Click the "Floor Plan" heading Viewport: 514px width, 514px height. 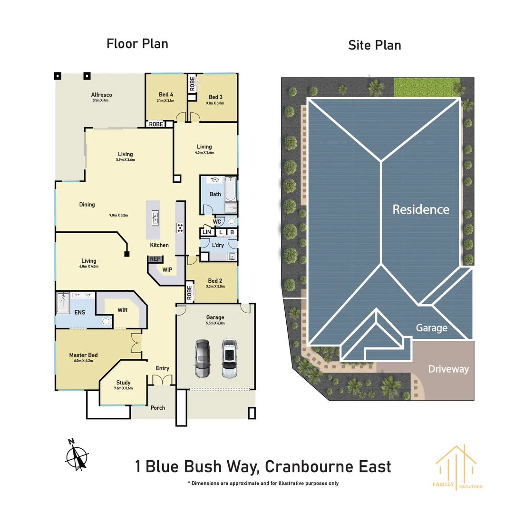point(137,44)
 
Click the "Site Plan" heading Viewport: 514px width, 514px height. point(374,45)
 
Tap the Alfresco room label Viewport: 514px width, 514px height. point(101,95)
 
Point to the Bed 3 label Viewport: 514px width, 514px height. point(215,97)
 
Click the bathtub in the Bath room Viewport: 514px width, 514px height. point(231,189)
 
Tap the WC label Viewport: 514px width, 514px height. point(217,222)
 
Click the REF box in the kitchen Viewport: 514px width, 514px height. point(155,259)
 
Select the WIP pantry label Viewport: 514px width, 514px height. point(167,270)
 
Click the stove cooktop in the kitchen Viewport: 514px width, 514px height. point(180,227)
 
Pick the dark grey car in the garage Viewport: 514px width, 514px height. point(202,358)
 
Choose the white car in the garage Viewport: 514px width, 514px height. point(229,358)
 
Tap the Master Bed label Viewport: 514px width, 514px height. point(83,355)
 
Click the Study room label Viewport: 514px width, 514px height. point(123,383)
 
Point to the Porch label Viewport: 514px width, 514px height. point(158,408)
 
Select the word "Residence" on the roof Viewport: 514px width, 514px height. point(420,209)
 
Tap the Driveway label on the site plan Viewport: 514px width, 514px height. point(448,369)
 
